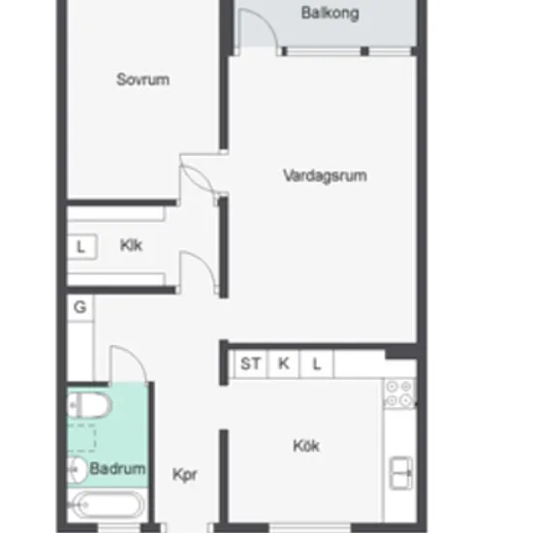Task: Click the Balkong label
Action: (330, 14)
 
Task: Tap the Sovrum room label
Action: (142, 79)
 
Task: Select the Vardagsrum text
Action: (325, 176)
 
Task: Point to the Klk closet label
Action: (131, 245)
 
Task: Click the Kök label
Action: (306, 446)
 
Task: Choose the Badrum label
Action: (117, 468)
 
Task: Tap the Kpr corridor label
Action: (184, 475)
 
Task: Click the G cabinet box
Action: (80, 307)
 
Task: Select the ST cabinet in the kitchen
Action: (251, 364)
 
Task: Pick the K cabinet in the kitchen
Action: (284, 364)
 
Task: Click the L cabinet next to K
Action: (317, 364)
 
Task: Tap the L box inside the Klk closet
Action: (82, 247)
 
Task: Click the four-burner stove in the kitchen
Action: (399, 393)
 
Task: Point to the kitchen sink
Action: (401, 473)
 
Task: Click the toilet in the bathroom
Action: (89, 405)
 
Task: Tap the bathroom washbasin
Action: (78, 470)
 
